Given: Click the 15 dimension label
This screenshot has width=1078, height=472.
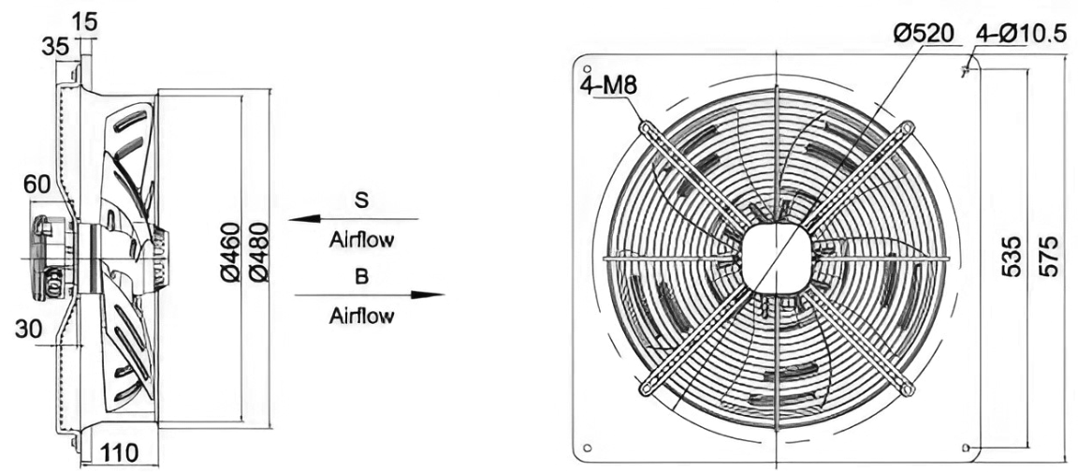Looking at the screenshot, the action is pyautogui.click(x=85, y=22).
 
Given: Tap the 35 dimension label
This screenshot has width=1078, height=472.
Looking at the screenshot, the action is pyautogui.click(x=55, y=48).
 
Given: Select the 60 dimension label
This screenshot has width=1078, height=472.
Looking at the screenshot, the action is pyautogui.click(x=37, y=184).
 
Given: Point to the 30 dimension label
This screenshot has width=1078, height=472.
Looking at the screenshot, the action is pyautogui.click(x=28, y=330).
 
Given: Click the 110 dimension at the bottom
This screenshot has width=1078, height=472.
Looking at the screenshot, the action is pyautogui.click(x=120, y=452).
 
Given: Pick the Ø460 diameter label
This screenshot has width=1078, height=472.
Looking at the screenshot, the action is pyautogui.click(x=231, y=252).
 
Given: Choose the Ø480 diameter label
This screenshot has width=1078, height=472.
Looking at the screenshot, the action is pyautogui.click(x=259, y=252).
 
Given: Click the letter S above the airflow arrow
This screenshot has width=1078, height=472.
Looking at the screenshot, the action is pyautogui.click(x=361, y=200).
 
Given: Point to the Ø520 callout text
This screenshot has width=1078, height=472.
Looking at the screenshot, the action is pyautogui.click(x=924, y=34).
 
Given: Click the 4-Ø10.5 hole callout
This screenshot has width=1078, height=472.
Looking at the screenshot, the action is pyautogui.click(x=1022, y=34).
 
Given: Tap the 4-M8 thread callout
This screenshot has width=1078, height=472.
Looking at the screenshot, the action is pyautogui.click(x=609, y=85).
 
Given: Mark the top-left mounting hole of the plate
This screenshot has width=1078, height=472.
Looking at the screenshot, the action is pyautogui.click(x=587, y=68).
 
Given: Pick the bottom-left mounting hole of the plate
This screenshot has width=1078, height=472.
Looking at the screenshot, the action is pyautogui.click(x=587, y=448).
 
